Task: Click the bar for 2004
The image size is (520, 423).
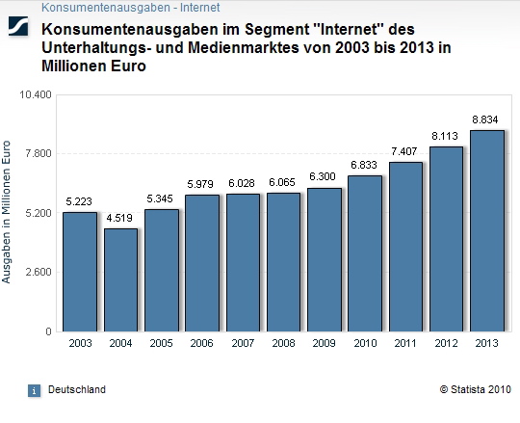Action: click(x=120, y=279)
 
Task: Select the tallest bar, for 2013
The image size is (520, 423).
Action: click(x=487, y=230)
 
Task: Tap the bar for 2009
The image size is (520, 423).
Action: click(x=325, y=259)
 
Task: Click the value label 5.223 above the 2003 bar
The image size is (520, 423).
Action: click(x=80, y=201)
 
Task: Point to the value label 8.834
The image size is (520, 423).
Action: click(x=487, y=119)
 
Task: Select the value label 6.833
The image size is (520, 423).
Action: click(x=365, y=165)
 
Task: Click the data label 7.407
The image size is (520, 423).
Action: click(x=405, y=151)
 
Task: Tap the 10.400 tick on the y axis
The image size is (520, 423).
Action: click(x=38, y=94)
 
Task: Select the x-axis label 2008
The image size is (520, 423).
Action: click(x=283, y=342)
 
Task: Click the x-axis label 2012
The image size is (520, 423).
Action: click(x=447, y=342)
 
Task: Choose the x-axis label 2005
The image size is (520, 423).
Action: click(x=161, y=342)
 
